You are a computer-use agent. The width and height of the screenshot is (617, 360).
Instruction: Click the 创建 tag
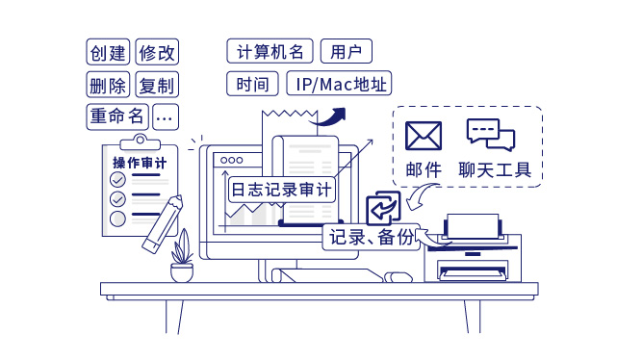pyautogui.click(x=108, y=53)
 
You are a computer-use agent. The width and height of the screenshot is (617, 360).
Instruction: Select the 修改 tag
pyautogui.click(x=158, y=53)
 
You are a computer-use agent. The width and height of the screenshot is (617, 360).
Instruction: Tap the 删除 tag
pyautogui.click(x=108, y=85)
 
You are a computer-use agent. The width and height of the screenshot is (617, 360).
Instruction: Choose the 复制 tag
pyautogui.click(x=158, y=85)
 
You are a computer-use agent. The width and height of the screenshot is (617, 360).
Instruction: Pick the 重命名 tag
pyautogui.click(x=116, y=116)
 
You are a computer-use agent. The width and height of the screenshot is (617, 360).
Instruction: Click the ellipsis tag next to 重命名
pyautogui.click(x=166, y=116)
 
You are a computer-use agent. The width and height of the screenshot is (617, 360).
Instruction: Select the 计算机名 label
pyautogui.click(x=270, y=51)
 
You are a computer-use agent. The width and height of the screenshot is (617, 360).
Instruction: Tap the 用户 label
pyautogui.click(x=346, y=51)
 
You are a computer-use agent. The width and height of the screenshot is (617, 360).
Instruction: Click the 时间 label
pyautogui.click(x=253, y=84)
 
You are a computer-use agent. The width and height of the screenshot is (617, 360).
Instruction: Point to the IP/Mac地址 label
pyautogui.click(x=340, y=84)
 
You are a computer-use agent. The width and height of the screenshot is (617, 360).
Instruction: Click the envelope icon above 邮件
pyautogui.click(x=424, y=136)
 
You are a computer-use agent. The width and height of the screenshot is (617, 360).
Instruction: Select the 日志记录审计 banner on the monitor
pyautogui.click(x=282, y=190)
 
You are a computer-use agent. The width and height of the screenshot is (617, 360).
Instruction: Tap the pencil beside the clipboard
pyautogui.click(x=163, y=224)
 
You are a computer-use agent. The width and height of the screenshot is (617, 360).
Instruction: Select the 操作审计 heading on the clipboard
pyautogui.click(x=140, y=163)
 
